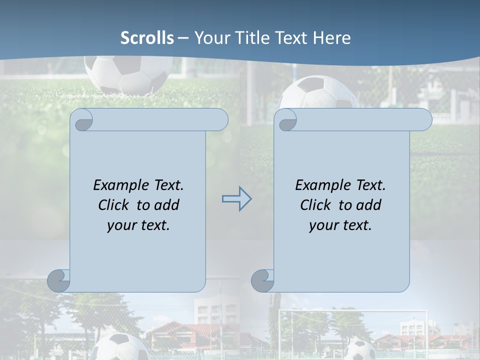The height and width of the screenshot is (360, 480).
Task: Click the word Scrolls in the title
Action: pos(147,38)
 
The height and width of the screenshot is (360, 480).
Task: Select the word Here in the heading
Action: pos(331,38)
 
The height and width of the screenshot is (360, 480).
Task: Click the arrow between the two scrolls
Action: pos(236,199)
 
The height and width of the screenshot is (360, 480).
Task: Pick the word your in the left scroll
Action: pos(121,225)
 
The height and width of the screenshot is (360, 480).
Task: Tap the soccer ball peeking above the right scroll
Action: pos(319,92)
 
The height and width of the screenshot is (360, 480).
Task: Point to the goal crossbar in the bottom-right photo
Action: pos(353,311)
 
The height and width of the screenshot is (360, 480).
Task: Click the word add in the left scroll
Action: pos(166,205)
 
